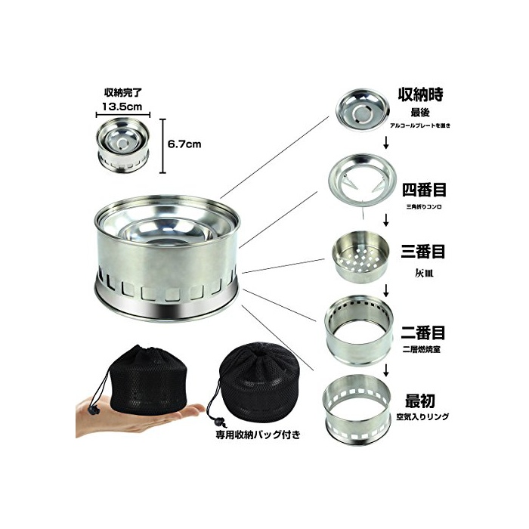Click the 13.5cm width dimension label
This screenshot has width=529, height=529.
click(122, 107)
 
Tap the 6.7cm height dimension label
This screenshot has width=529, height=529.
click(184, 144)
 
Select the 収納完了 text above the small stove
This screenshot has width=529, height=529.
click(123, 92)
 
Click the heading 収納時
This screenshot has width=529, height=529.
click(421, 94)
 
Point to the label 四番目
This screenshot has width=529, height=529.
click(424, 190)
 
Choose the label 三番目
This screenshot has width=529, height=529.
click(423, 252)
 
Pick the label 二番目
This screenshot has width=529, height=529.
click(423, 333)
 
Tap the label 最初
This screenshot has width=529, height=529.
click(420, 401)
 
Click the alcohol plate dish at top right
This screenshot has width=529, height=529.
click(363, 110)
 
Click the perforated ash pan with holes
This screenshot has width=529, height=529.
click(360, 256)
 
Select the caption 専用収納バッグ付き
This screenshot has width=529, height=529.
click(258, 435)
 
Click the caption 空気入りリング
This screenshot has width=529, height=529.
click(422, 417)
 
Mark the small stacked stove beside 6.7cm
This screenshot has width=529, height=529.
click(122, 146)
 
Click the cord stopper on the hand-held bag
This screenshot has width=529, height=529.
click(93, 410)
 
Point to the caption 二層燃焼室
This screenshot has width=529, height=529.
click(422, 349)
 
